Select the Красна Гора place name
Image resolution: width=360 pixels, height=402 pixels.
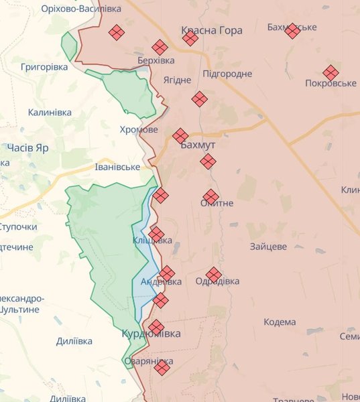[x=212, y=30]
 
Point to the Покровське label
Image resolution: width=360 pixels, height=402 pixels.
[x=331, y=83]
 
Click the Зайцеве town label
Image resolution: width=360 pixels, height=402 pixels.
[x=268, y=247]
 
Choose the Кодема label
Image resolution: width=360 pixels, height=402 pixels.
[x=280, y=322]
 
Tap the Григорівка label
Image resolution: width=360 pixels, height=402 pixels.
[x=44, y=68]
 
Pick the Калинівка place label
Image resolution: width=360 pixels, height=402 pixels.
[x=50, y=112]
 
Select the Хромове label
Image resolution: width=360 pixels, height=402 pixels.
[x=139, y=129]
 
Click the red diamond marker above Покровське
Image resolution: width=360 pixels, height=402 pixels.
[x=331, y=72]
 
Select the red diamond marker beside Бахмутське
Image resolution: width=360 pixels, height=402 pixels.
[x=292, y=30]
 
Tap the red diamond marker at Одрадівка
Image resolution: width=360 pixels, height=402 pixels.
[x=213, y=274]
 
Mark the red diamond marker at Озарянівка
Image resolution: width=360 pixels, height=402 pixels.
[x=162, y=366]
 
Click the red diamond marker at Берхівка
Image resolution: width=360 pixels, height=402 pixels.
[x=160, y=47]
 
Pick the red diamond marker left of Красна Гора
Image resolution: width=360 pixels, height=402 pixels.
[x=117, y=32]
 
